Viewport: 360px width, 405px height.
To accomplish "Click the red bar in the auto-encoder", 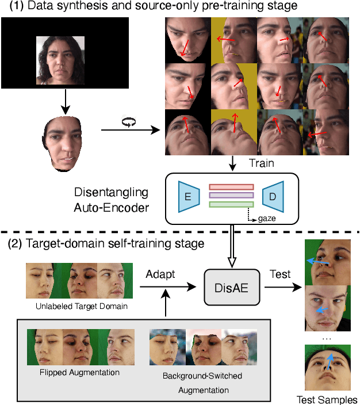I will (230, 186).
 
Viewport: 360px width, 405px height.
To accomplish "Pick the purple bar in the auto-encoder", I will (230, 195).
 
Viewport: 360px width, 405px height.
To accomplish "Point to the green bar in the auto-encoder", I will (230, 204).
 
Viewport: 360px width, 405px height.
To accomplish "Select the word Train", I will (261, 163).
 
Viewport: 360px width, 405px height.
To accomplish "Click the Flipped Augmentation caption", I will (81, 372).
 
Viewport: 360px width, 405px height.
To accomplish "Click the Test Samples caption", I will (327, 399).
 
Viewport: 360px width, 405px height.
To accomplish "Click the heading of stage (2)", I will (106, 243).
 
